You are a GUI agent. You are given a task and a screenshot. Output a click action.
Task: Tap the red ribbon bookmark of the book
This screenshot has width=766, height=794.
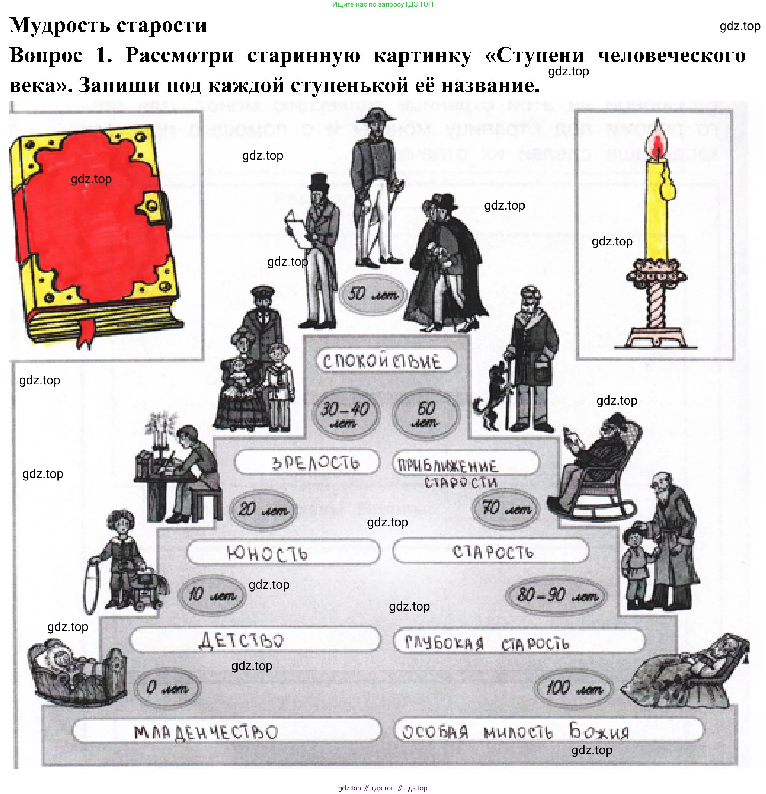(x=87, y=332)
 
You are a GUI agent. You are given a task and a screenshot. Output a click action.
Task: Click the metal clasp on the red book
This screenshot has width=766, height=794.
(x=154, y=205)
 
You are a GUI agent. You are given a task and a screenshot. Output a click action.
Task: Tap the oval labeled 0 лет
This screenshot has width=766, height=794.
(x=168, y=688)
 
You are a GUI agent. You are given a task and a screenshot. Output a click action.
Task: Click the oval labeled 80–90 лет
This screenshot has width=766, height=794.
(x=557, y=595)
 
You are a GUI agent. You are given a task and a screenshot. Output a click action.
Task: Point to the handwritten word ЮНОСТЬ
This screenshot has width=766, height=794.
(x=267, y=553)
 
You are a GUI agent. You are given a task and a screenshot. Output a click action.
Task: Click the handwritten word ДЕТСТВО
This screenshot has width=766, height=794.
(x=242, y=640)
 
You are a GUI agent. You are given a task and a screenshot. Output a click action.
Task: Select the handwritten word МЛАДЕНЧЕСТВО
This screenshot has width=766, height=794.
(x=206, y=732)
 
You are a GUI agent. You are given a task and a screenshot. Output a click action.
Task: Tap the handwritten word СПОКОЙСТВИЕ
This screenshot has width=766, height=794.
(x=382, y=361)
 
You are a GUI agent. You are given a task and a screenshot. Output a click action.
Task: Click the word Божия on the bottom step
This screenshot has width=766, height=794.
(x=599, y=731)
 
